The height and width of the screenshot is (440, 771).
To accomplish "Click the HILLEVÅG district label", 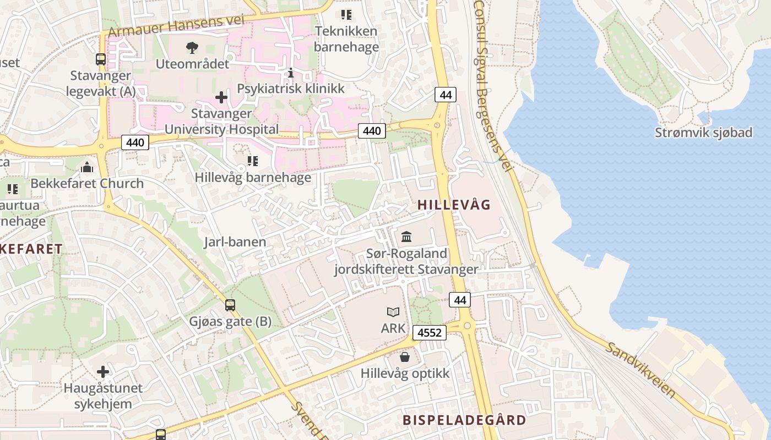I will tap(454, 205).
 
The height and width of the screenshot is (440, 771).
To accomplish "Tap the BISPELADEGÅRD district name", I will tap(464, 420).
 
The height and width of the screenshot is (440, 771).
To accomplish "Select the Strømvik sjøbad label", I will tap(703, 133).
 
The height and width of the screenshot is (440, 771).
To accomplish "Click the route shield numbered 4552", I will tap(430, 333).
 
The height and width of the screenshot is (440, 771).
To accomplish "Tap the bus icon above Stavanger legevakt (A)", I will tap(101, 59).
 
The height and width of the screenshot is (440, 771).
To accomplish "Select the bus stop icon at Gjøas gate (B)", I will tap(230, 305).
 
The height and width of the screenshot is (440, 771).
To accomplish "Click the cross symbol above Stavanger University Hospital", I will tap(221, 97).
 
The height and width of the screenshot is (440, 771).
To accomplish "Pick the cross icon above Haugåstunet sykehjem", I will tap(103, 371).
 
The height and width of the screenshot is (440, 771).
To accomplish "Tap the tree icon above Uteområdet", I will tap(192, 48).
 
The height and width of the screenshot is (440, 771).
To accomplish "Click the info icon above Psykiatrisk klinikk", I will tap(291, 73).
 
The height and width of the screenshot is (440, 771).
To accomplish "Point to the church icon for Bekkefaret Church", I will tap(87, 167).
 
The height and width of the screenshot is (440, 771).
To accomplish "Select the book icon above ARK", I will tap(393, 312).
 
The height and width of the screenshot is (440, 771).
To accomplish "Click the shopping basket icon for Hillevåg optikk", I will tap(405, 358).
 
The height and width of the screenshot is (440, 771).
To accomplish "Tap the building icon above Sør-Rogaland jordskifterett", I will tap(406, 237).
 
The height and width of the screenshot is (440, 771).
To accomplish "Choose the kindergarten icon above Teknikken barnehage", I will tap(346, 15).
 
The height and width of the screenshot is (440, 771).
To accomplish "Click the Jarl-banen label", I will tap(235, 241).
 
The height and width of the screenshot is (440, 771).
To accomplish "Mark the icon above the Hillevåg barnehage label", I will tap(253, 161).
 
